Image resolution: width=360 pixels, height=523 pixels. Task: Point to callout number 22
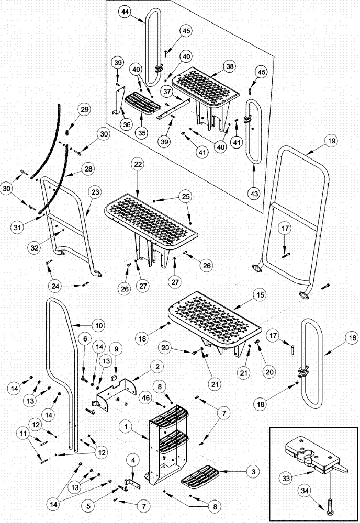(137, 164)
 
